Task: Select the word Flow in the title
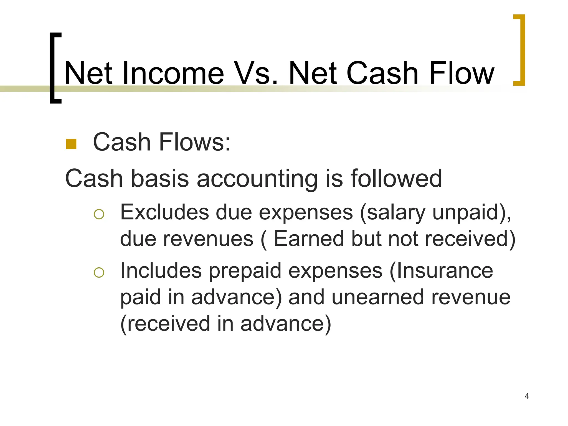tap(461, 73)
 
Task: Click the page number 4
tap(527, 396)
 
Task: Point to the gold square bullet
tap(71, 144)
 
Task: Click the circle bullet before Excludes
tap(99, 214)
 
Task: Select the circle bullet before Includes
tap(99, 273)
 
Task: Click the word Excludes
tap(164, 212)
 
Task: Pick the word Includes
tap(161, 270)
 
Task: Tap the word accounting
tap(257, 179)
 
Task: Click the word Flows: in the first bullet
tap(194, 142)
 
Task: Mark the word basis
tap(160, 179)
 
